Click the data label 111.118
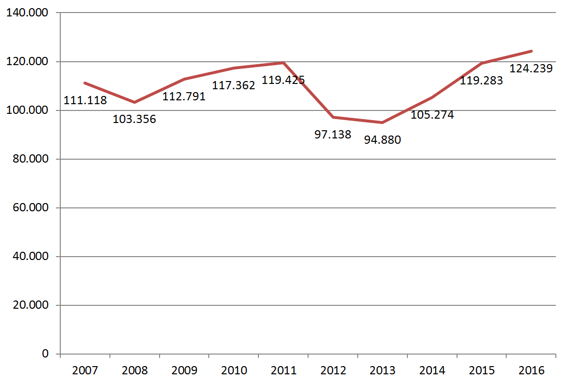(85, 101)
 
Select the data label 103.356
(135, 119)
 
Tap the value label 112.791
(184, 96)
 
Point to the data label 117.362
(234, 85)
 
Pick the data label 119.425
(283, 80)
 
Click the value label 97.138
(333, 135)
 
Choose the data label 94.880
(382, 140)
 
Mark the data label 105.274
(432, 115)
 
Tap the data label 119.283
(481, 80)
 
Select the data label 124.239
(531, 68)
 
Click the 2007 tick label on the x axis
(85, 370)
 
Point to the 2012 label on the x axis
(333, 370)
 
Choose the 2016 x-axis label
(531, 370)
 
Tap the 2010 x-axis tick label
(234, 370)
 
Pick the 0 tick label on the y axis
(45, 354)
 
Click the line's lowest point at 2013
(382, 123)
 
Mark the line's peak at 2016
(531, 51)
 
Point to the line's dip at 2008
(135, 102)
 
